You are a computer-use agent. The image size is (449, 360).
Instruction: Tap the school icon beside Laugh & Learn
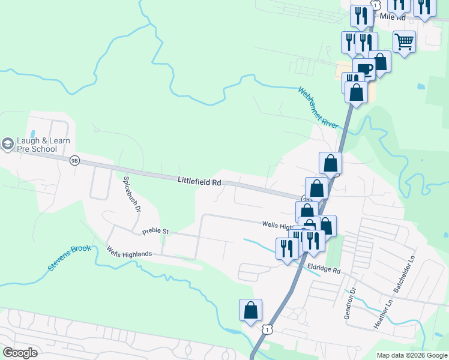point(7,144)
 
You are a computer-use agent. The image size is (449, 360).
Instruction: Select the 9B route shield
point(74,160)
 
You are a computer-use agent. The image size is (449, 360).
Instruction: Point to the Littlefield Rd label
point(200,181)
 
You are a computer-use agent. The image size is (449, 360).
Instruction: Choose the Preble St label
point(156,231)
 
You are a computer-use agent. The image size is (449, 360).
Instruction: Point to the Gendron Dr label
point(349,303)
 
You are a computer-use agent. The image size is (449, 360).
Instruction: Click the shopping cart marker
point(405,42)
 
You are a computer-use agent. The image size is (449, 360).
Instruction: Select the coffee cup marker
point(364,69)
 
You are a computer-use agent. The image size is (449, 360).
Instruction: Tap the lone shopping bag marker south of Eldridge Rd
point(250,311)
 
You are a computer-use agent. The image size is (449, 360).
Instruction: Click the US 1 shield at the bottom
point(267,329)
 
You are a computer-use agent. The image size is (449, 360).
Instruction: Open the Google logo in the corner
point(20,353)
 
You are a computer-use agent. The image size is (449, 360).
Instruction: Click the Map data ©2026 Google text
point(412,355)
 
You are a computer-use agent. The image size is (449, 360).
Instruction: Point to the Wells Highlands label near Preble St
point(129,254)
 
